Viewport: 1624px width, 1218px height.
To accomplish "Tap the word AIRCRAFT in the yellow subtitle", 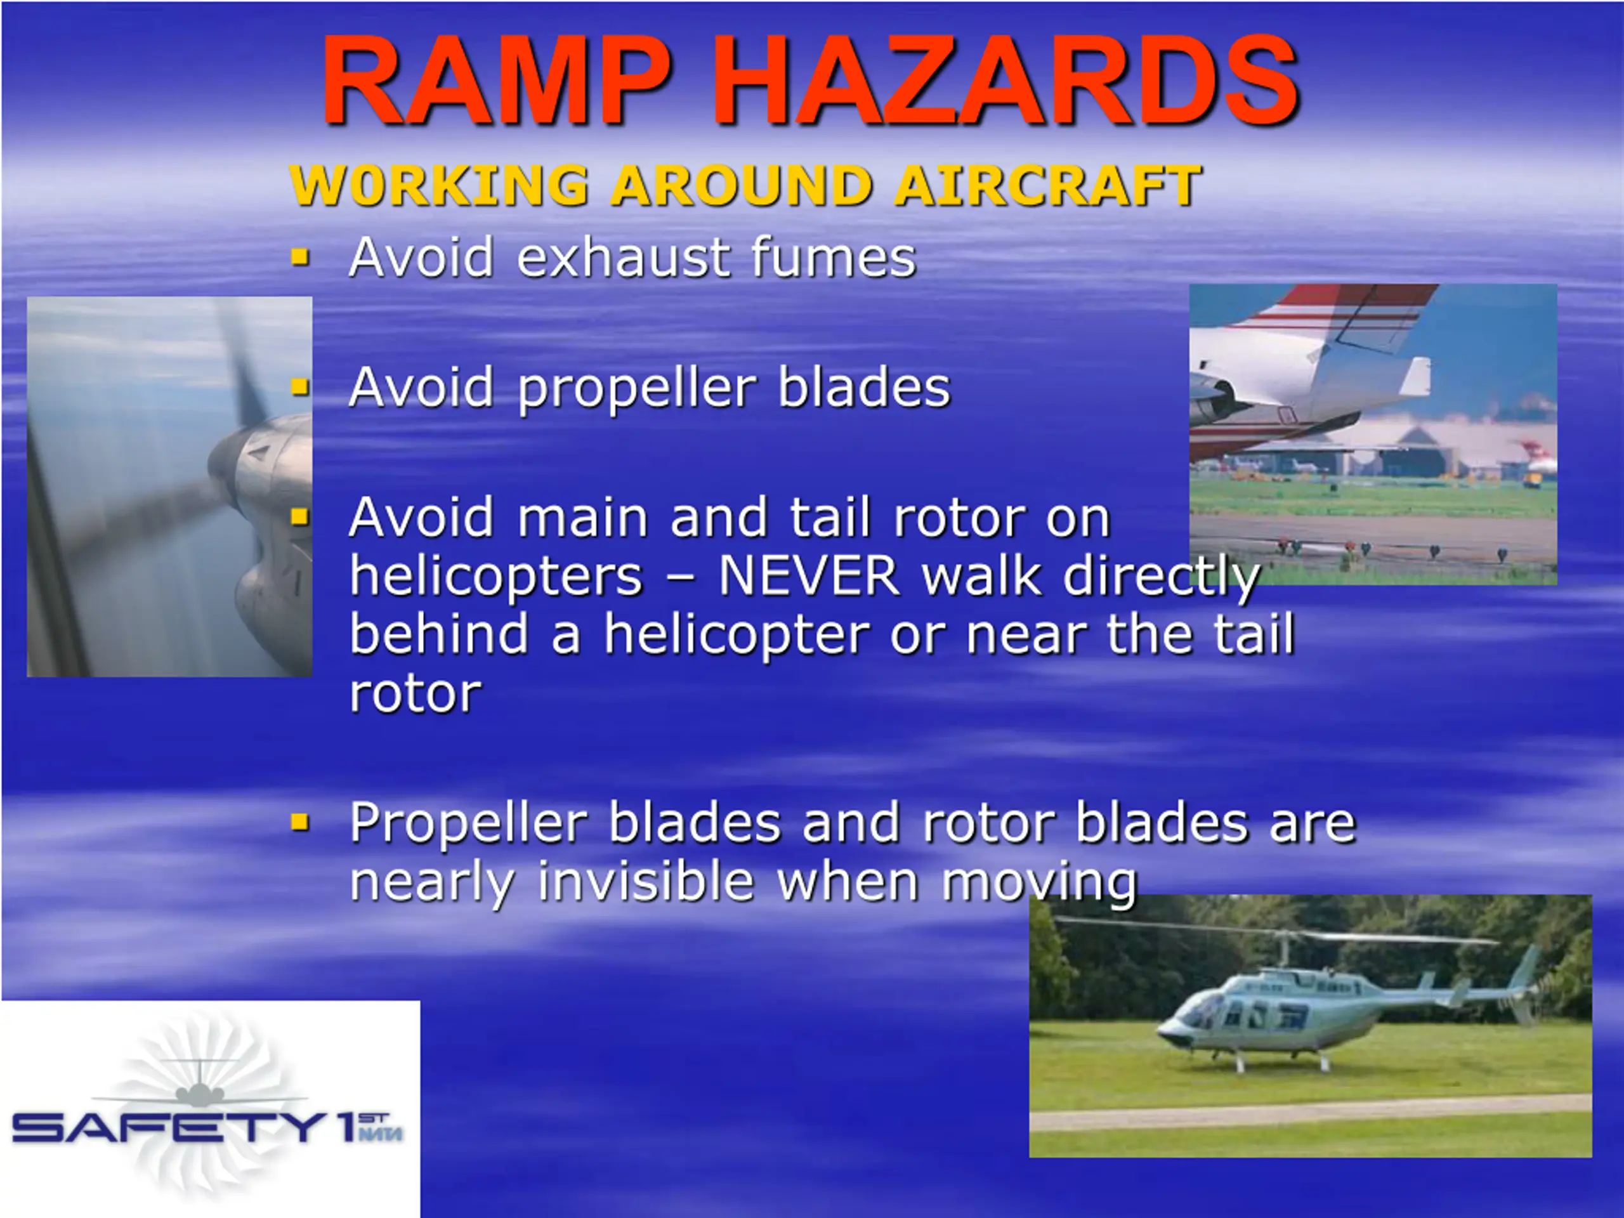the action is pos(1048,185).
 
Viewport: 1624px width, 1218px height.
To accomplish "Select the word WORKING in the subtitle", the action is pos(439,185).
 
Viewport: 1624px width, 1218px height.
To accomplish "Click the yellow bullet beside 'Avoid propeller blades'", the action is pos(299,386).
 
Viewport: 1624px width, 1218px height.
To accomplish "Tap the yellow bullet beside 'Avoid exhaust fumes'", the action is pos(299,257).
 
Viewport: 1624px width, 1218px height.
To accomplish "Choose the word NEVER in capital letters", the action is pos(809,576).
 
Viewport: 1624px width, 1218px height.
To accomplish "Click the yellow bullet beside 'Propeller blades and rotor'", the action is pos(299,822).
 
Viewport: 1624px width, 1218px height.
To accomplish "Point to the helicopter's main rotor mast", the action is pos(1284,953).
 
